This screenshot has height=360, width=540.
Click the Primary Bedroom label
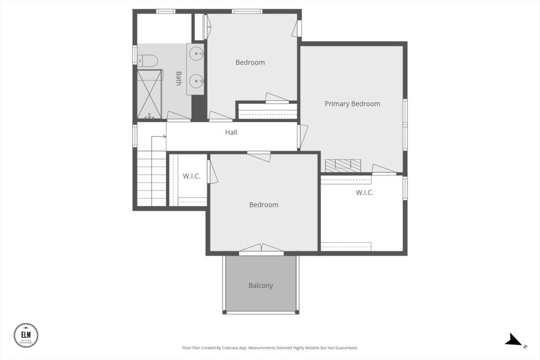pos(352,104)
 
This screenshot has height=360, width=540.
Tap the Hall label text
pos(231,132)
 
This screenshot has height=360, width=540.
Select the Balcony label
pos(261,286)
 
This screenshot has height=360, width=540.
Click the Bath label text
pos(179,79)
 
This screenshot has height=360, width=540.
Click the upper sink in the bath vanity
pos(196,53)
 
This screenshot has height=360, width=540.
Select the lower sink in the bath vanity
pos(196,81)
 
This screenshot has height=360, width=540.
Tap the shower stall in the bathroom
pos(150,94)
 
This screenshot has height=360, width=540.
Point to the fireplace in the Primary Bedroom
pos(343,166)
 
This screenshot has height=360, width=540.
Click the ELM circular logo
pos(26,335)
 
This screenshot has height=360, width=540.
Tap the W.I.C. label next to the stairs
pos(191,176)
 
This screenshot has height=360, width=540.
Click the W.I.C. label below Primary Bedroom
pos(364,192)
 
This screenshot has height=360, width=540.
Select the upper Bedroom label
pos(250,62)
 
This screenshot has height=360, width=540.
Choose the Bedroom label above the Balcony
pos(264,205)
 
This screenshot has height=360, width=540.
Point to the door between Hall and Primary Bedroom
pos(302,135)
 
